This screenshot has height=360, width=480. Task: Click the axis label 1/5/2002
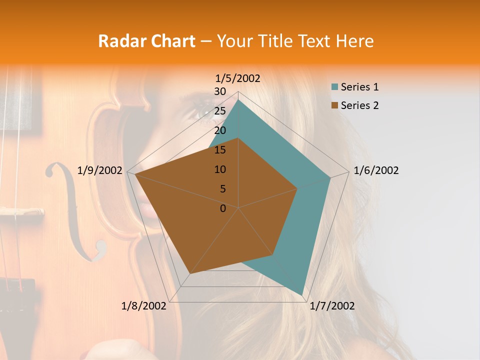(237, 78)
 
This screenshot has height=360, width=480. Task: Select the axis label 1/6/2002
(376, 170)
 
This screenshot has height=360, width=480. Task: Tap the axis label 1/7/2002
(332, 306)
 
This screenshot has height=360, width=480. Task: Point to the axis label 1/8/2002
(144, 306)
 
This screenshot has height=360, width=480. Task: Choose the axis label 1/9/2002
(100, 170)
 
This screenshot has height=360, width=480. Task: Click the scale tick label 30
(220, 91)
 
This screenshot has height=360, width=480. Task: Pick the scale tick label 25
(220, 111)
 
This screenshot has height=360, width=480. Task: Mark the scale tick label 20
(220, 130)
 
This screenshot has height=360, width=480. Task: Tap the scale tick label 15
(220, 150)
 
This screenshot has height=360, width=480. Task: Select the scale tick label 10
(220, 169)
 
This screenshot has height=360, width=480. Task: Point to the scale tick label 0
(223, 208)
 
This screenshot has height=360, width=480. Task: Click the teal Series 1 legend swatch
(334, 87)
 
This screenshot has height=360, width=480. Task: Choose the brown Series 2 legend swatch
(334, 105)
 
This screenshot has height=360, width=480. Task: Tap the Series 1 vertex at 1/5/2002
(238, 99)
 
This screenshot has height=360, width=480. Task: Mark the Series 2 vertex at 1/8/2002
(190, 273)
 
